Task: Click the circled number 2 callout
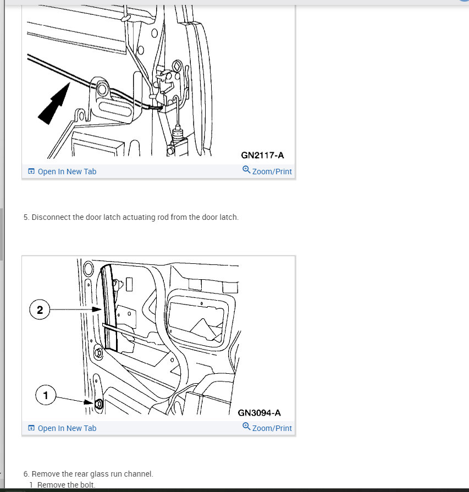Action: coord(40,309)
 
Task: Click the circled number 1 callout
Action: coord(46,395)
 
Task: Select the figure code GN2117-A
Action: coord(262,156)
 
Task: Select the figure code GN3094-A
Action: coord(259,413)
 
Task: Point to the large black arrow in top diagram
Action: coord(54,103)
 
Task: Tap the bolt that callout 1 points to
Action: coord(98,403)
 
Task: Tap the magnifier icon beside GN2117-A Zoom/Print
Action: coord(246,170)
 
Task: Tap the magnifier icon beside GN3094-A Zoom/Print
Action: coord(246,427)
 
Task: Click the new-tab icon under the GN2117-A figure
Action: coord(31,172)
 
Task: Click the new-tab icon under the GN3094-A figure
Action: coord(31,428)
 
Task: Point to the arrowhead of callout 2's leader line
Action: coord(97,309)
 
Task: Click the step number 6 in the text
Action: coord(26,474)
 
